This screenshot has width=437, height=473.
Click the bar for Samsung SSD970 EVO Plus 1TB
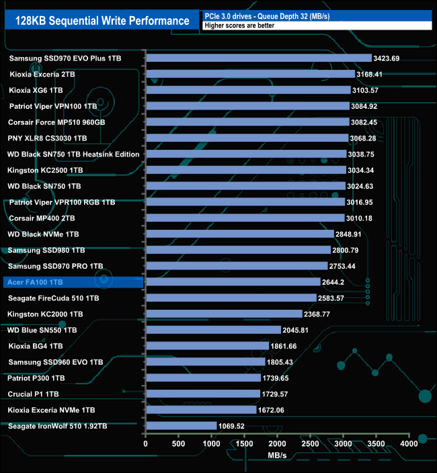click(259, 58)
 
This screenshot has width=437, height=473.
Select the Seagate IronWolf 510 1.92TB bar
click(181, 426)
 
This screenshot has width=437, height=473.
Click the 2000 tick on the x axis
click(277, 444)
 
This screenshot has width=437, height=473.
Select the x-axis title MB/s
click(277, 457)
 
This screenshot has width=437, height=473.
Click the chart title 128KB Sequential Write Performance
click(102, 21)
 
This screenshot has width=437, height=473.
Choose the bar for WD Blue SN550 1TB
click(213, 330)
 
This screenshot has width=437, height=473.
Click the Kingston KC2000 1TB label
click(45, 314)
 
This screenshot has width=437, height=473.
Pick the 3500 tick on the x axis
click(376, 444)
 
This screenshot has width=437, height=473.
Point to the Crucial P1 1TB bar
click(202, 394)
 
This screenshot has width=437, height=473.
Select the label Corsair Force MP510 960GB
click(56, 122)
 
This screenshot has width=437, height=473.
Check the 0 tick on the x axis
click(145, 444)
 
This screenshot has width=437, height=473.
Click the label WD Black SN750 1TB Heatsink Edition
click(73, 155)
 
